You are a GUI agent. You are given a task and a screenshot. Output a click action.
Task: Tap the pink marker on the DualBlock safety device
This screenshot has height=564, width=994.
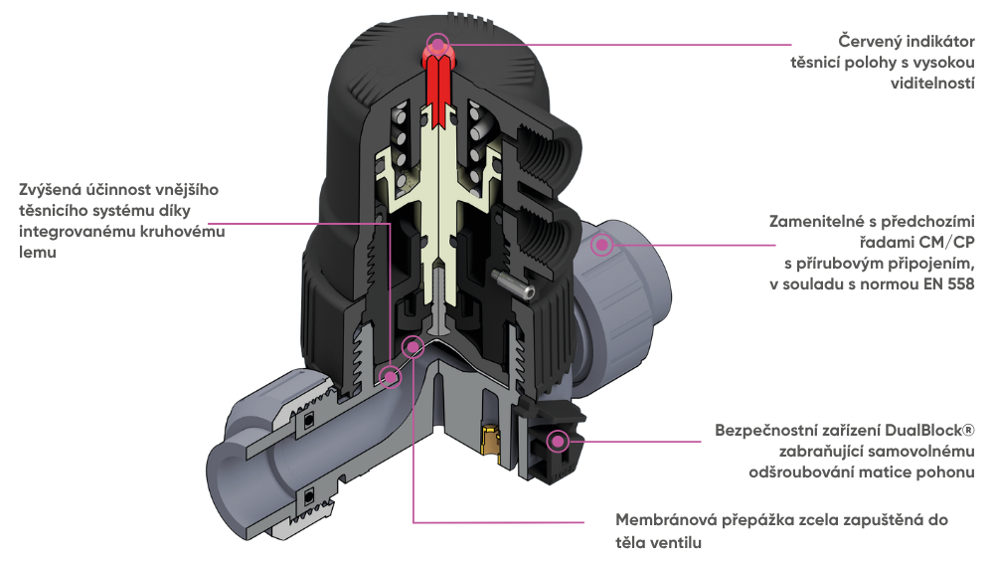tap(558, 439)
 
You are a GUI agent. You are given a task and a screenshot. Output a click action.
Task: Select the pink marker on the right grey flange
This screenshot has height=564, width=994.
tap(601, 244)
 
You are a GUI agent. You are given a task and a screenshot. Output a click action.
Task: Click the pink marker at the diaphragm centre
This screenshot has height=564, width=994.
tap(410, 344)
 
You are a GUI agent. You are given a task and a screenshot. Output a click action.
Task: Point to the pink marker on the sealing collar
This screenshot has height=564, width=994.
tap(391, 376)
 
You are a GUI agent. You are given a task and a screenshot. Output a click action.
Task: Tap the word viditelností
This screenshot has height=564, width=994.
tap(933, 85)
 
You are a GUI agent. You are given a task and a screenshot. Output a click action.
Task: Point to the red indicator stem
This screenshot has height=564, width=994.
tap(436, 85)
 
